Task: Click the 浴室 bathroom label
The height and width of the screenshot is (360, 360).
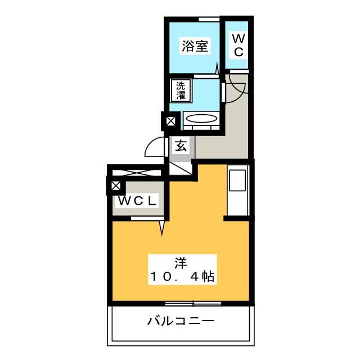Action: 195,46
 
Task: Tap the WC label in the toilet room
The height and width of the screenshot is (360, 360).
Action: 238,46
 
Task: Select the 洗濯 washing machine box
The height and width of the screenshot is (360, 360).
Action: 181,91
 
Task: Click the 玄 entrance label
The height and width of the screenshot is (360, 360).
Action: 181,145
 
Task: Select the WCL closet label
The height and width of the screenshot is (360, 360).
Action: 137,200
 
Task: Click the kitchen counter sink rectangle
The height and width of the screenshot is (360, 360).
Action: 237,191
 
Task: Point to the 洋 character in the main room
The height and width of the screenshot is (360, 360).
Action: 180,262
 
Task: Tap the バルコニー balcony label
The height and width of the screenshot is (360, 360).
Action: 180,322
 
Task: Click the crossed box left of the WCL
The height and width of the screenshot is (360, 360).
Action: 116,186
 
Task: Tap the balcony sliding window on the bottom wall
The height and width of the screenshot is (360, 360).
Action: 193,304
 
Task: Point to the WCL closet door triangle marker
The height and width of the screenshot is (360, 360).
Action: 162,227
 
